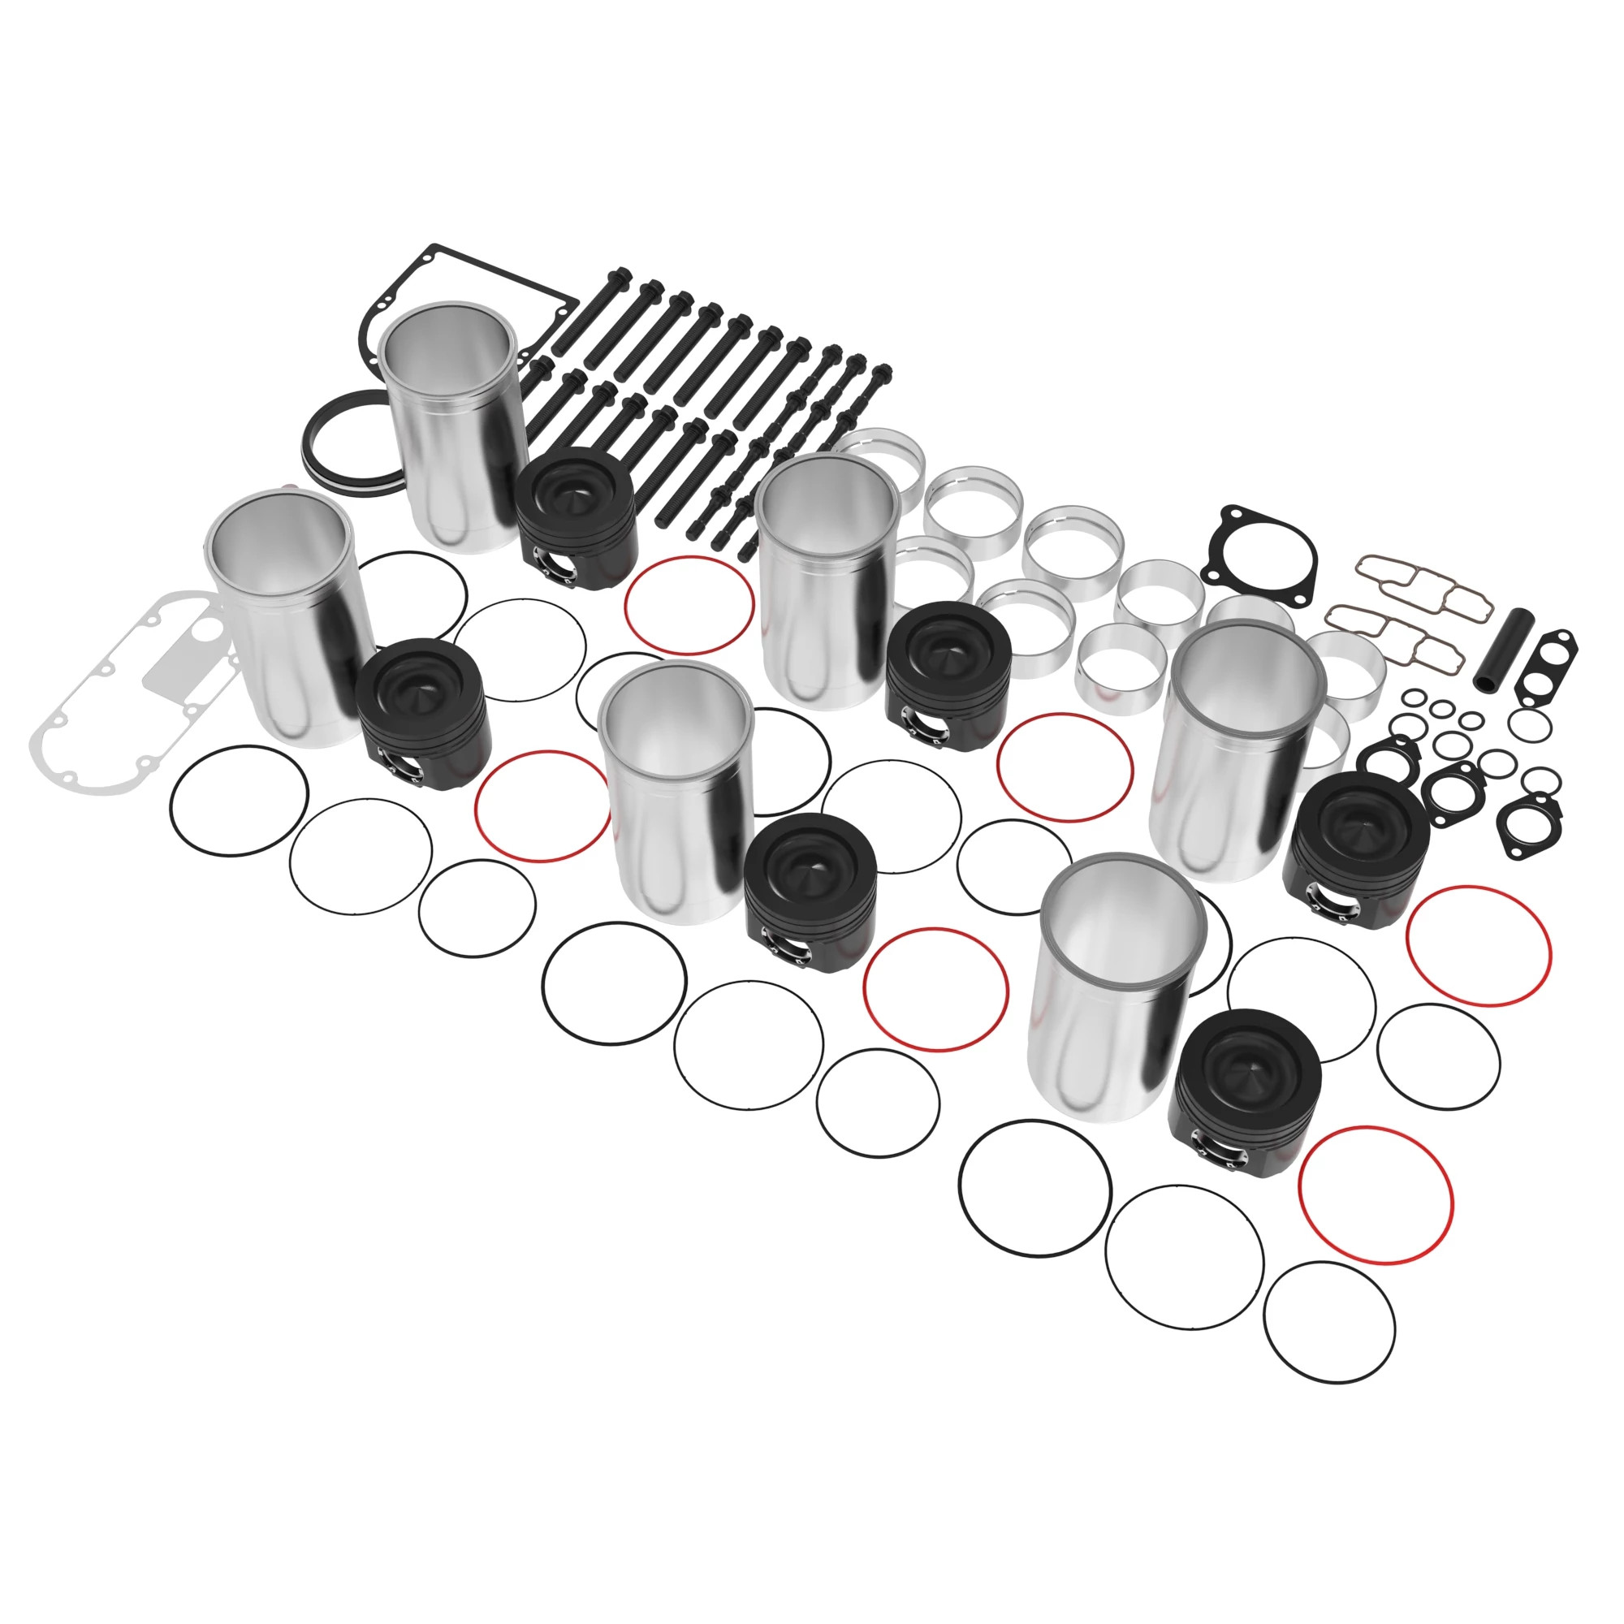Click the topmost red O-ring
pyautogui.click(x=689, y=606)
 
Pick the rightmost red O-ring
pyautogui.click(x=1479, y=947)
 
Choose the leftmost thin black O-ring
pyautogui.click(x=239, y=801)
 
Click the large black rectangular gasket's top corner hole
pyautogui.click(x=434, y=249)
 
